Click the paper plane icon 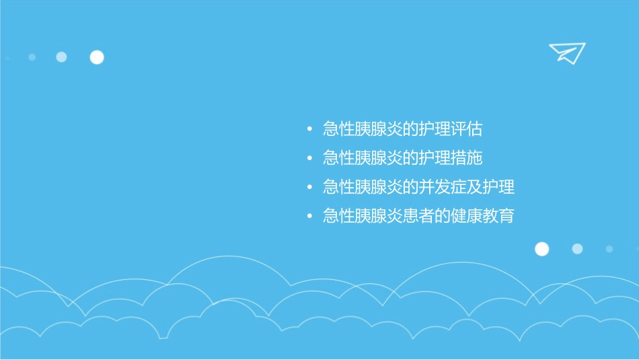pyautogui.click(x=566, y=52)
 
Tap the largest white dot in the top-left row pyautogui.click(x=97, y=57)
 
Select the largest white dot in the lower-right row pyautogui.click(x=541, y=249)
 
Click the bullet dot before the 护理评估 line pyautogui.click(x=309, y=129)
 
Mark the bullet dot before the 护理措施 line pyautogui.click(x=309, y=159)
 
